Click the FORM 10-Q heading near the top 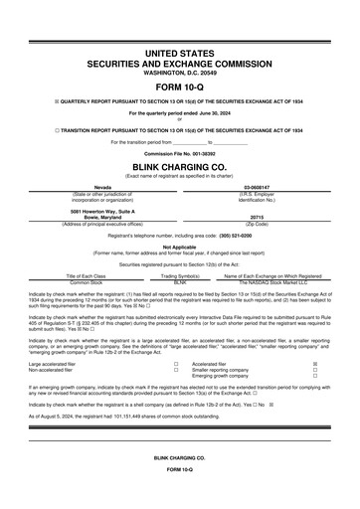(180, 87)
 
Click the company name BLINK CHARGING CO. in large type (180, 166)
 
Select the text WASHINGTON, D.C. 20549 (180, 73)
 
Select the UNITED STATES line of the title (180, 51)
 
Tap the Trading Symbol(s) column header (180, 275)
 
